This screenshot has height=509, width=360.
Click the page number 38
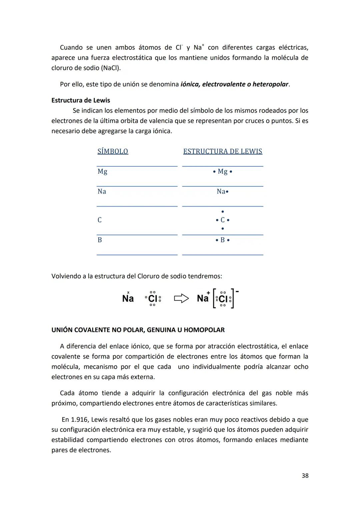pos(305,476)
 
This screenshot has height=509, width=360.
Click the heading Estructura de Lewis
pos(81,100)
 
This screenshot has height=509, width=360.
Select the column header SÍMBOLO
pos(113,151)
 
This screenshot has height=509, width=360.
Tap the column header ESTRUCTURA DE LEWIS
pos(223,151)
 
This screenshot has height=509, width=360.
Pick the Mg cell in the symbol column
pos(102,171)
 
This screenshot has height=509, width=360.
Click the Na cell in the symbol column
pos(102,191)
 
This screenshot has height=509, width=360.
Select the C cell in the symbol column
pos(100,220)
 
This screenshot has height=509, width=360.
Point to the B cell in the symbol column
pos(100,240)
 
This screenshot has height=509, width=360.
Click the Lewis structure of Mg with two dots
pos(222,171)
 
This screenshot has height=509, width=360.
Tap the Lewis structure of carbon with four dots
pos(222,220)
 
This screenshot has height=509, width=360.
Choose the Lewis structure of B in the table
pos(222,240)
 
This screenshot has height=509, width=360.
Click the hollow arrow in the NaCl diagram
pos(181,298)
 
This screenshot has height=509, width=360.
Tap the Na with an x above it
pos(128,298)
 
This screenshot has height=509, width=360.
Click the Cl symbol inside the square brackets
pos(223,299)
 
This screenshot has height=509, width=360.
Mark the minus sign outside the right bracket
pos(237,292)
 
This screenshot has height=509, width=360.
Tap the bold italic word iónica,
pos(190,84)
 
